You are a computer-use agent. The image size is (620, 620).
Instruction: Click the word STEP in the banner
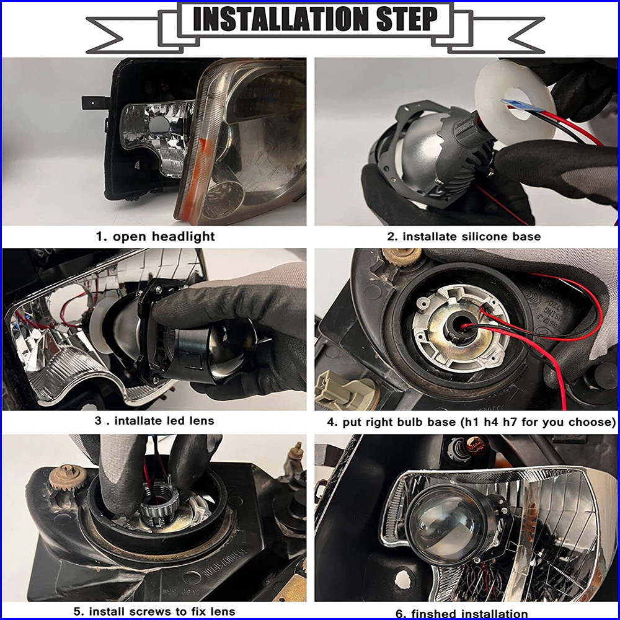pos(408,19)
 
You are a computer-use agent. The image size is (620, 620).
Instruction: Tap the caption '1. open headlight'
pos(156,236)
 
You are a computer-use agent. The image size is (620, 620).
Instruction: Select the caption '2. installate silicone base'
pos(464,236)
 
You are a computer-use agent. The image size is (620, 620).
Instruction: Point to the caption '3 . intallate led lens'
pos(154,421)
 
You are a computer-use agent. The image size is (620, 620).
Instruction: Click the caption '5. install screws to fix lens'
pos(154,612)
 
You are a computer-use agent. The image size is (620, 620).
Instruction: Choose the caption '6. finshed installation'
pos(461,614)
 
